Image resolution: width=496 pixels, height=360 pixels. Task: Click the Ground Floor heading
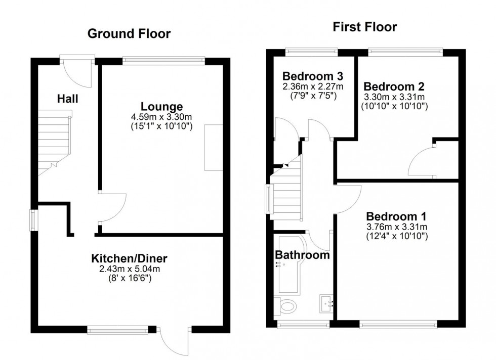[x=129, y=34]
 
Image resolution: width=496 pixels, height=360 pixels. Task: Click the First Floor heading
[x=364, y=27]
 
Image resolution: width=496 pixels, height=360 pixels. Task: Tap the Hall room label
[x=67, y=99]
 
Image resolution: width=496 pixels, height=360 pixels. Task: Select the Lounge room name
[x=161, y=107]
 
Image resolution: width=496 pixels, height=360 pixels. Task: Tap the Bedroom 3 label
[x=313, y=76]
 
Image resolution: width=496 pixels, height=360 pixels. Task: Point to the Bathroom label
[x=302, y=255]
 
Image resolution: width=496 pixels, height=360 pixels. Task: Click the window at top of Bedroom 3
[x=311, y=51]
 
